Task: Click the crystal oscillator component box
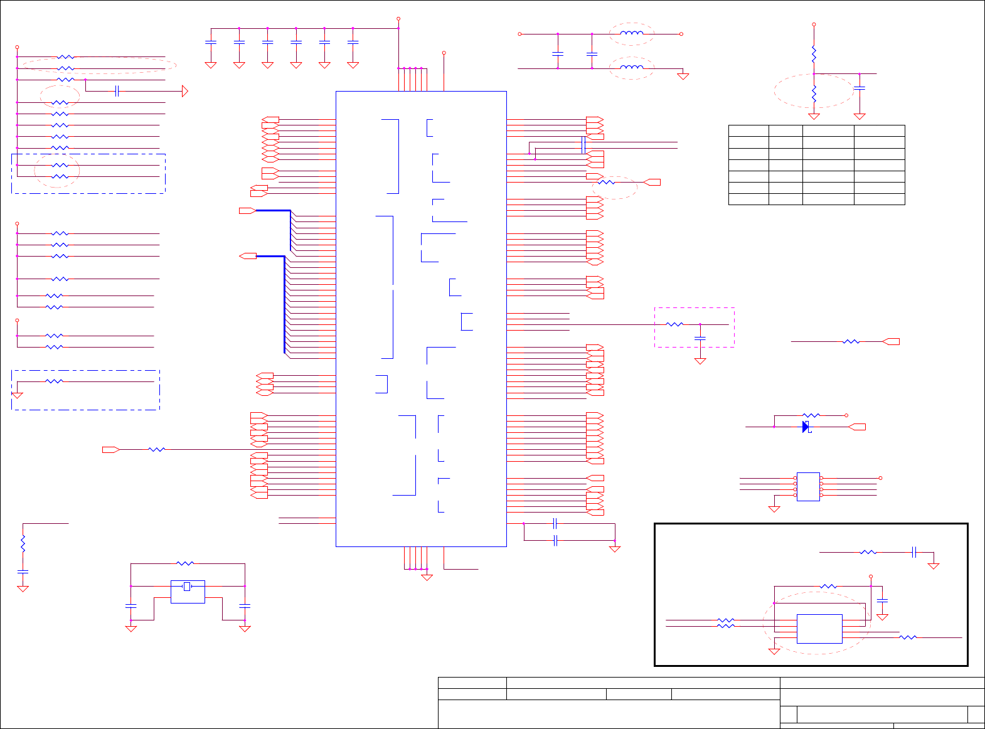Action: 188,591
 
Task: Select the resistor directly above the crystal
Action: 185,563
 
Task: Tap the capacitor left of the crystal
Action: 130,606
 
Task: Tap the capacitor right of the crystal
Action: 245,606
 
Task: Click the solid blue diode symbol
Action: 806,427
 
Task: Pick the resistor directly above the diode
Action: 811,415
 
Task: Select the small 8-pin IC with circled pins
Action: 808,486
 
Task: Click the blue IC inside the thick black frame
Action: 819,629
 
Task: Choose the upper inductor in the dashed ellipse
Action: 632,34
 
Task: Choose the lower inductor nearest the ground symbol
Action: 632,68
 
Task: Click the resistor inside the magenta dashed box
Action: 674,324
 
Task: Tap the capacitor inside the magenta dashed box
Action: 700,338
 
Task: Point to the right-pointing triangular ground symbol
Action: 185,91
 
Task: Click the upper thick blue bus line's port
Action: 247,211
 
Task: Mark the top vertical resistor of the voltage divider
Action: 814,54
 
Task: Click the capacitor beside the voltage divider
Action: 860,88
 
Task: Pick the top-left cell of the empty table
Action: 748,130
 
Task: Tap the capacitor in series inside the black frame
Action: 914,552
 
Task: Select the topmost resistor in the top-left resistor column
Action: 65,57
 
